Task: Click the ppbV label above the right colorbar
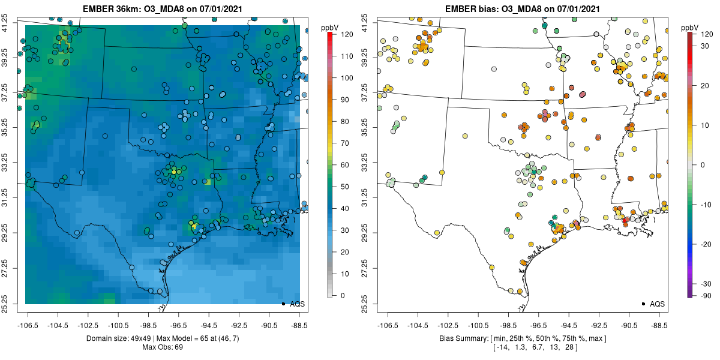click(689, 28)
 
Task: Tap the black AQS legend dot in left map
click(283, 304)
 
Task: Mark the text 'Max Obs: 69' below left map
click(163, 347)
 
